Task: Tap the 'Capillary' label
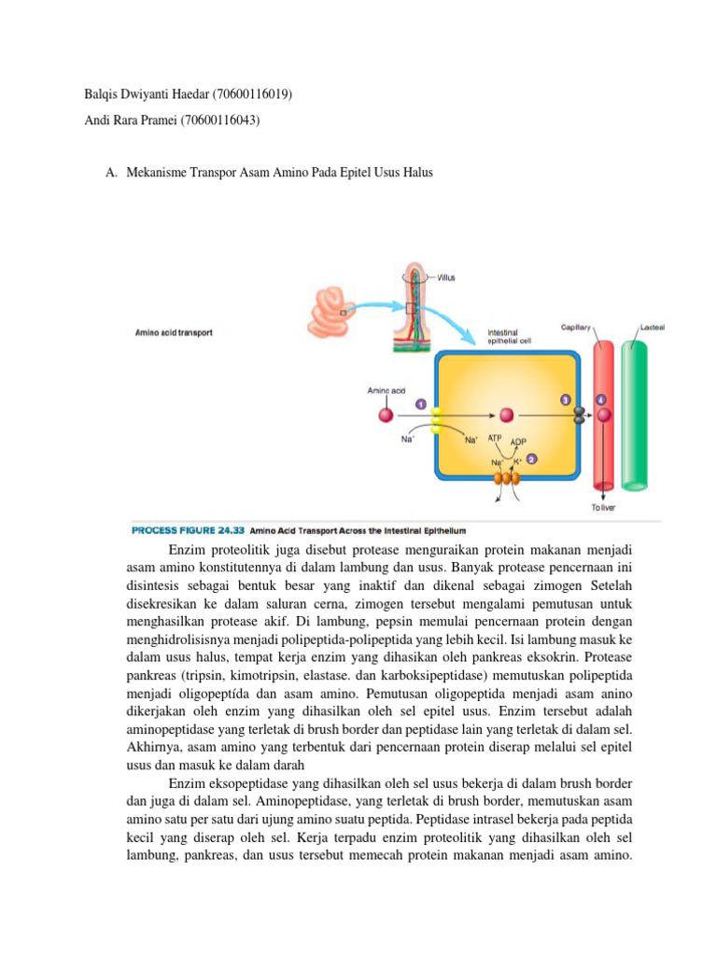(x=575, y=328)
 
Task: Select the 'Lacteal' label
(x=652, y=327)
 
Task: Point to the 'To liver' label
(x=603, y=508)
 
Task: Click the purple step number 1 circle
(x=421, y=404)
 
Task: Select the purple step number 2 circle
(x=531, y=459)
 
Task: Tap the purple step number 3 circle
(x=565, y=399)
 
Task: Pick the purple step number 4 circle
(x=600, y=399)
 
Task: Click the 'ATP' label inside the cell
(x=495, y=437)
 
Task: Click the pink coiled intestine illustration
(x=329, y=312)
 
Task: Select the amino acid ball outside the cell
(x=385, y=415)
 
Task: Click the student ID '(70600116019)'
(x=259, y=95)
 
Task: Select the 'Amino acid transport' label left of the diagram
(x=174, y=332)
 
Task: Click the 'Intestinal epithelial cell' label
(x=509, y=336)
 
